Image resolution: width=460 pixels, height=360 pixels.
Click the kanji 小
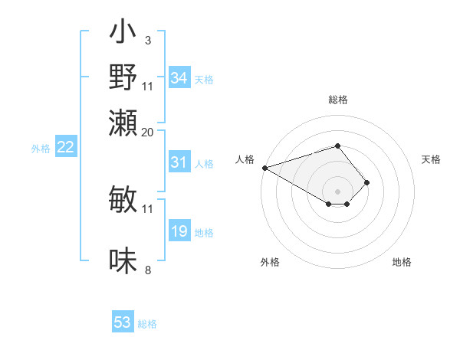tap(123, 34)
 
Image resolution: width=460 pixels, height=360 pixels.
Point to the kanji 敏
tap(123, 200)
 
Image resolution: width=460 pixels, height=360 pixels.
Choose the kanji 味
tap(123, 261)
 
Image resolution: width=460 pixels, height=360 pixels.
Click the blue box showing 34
tap(179, 78)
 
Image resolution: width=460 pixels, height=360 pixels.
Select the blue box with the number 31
tap(179, 162)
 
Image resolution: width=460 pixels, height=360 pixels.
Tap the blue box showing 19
tap(179, 232)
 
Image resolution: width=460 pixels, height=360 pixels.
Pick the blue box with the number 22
tap(66, 148)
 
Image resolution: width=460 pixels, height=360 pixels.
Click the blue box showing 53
tap(123, 322)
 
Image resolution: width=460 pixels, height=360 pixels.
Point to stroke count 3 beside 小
tap(147, 39)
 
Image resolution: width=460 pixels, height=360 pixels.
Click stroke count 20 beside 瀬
tap(148, 132)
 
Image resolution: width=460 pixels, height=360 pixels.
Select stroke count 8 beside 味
tap(147, 270)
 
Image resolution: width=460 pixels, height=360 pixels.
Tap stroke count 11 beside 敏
tap(148, 208)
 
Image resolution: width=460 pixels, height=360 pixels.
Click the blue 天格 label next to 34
tap(204, 79)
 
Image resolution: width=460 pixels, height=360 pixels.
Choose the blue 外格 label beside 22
tap(40, 149)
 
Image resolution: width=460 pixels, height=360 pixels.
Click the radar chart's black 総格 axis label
tap(338, 100)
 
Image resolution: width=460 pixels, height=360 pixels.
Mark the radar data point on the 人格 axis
tap(264, 168)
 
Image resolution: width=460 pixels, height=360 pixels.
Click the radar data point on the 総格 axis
tap(338, 146)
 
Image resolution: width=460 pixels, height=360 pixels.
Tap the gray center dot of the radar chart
tap(338, 191)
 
